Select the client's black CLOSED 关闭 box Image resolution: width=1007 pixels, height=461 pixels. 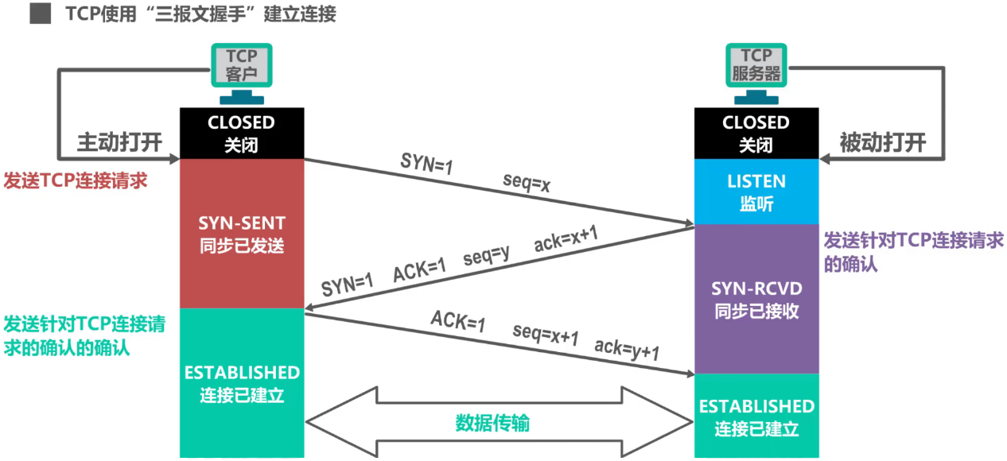click(x=241, y=134)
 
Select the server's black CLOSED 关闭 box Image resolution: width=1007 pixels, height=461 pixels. click(x=756, y=134)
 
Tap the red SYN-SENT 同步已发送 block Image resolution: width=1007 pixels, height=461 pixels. click(x=241, y=234)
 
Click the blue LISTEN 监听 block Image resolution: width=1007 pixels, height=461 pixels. click(x=756, y=192)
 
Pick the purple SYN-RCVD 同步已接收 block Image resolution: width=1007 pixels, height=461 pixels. click(x=756, y=299)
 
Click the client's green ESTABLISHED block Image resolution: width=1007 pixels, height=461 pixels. click(x=241, y=383)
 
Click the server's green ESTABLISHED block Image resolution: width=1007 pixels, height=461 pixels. click(x=756, y=416)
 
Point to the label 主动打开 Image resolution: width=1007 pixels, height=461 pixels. click(x=119, y=143)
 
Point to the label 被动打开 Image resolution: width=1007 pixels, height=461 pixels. click(x=883, y=143)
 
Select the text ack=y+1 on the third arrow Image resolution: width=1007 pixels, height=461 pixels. click(x=628, y=349)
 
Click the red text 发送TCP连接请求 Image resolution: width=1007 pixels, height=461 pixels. click(x=76, y=180)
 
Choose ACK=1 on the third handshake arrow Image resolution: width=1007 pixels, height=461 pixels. click(x=458, y=321)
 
